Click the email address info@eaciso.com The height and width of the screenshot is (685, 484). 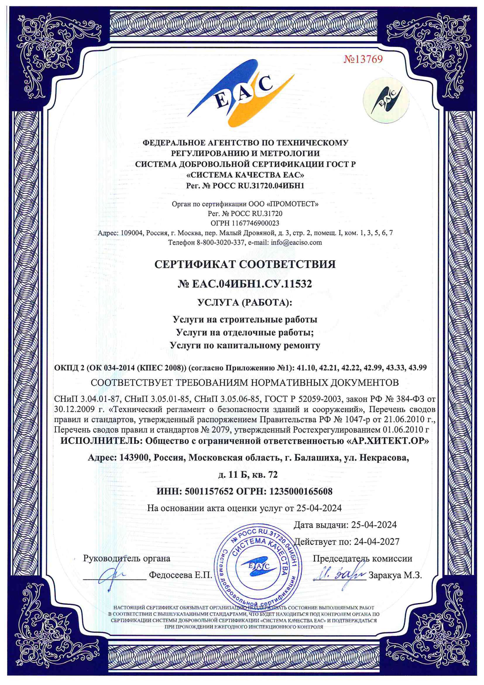(x=296, y=242)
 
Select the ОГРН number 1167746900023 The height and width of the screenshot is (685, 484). (x=256, y=223)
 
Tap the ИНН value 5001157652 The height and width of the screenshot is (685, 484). (x=209, y=491)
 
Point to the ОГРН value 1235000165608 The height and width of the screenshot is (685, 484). (x=301, y=491)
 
